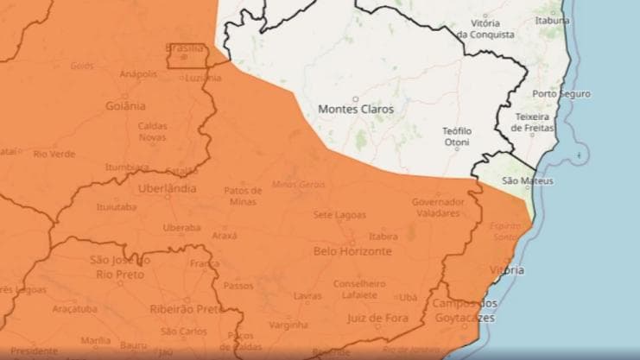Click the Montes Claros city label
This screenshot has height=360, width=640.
pos(356,110)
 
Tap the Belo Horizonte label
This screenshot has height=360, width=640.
pos(353,251)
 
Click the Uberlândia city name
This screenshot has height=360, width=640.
pos(167,188)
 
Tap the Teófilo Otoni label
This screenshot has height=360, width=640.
pos(457,136)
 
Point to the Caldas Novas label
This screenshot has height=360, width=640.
pos(153,131)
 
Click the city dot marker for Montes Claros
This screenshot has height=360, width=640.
pos(355,98)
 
